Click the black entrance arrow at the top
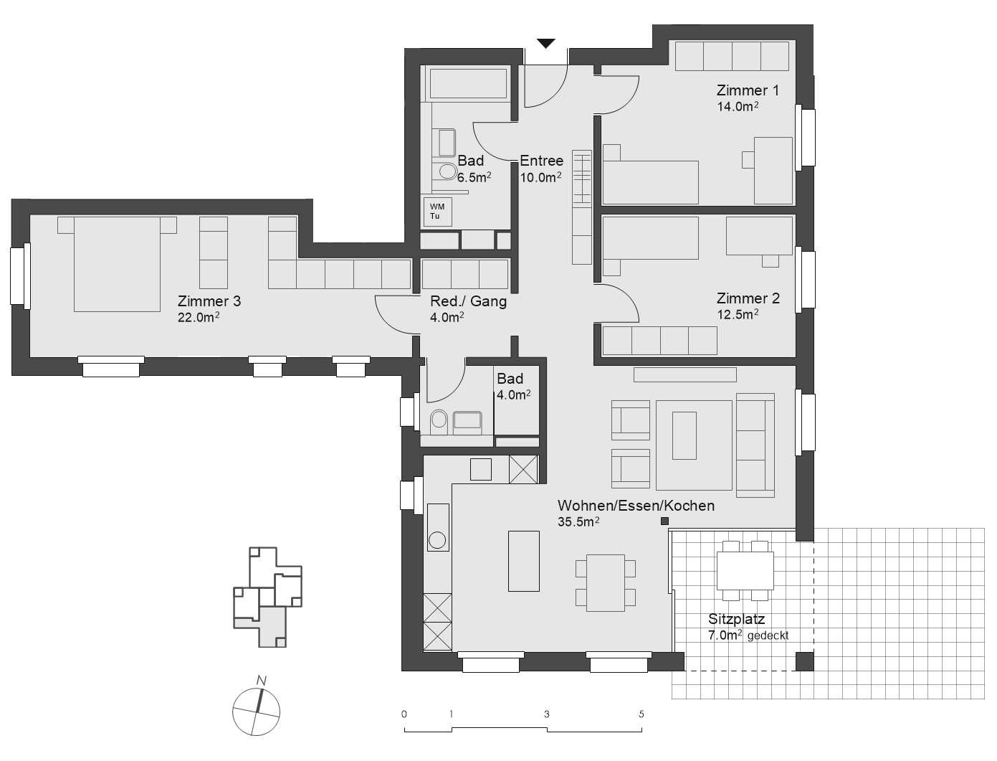point(546,44)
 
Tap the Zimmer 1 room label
point(748,90)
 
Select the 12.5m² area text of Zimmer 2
point(738,315)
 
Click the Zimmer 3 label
point(209,301)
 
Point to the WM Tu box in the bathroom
point(437,212)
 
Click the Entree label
point(541,161)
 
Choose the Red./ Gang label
point(468,301)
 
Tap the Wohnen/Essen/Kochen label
point(636,506)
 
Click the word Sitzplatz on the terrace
point(736,619)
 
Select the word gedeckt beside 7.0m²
point(768,635)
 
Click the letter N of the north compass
point(262,681)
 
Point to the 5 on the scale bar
point(641,714)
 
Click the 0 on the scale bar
point(404,714)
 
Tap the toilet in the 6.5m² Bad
point(447,171)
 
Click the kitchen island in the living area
point(523,561)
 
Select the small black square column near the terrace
point(664,521)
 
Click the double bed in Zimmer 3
point(117,264)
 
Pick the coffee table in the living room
point(684,435)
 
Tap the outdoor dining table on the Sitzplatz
point(745,570)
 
